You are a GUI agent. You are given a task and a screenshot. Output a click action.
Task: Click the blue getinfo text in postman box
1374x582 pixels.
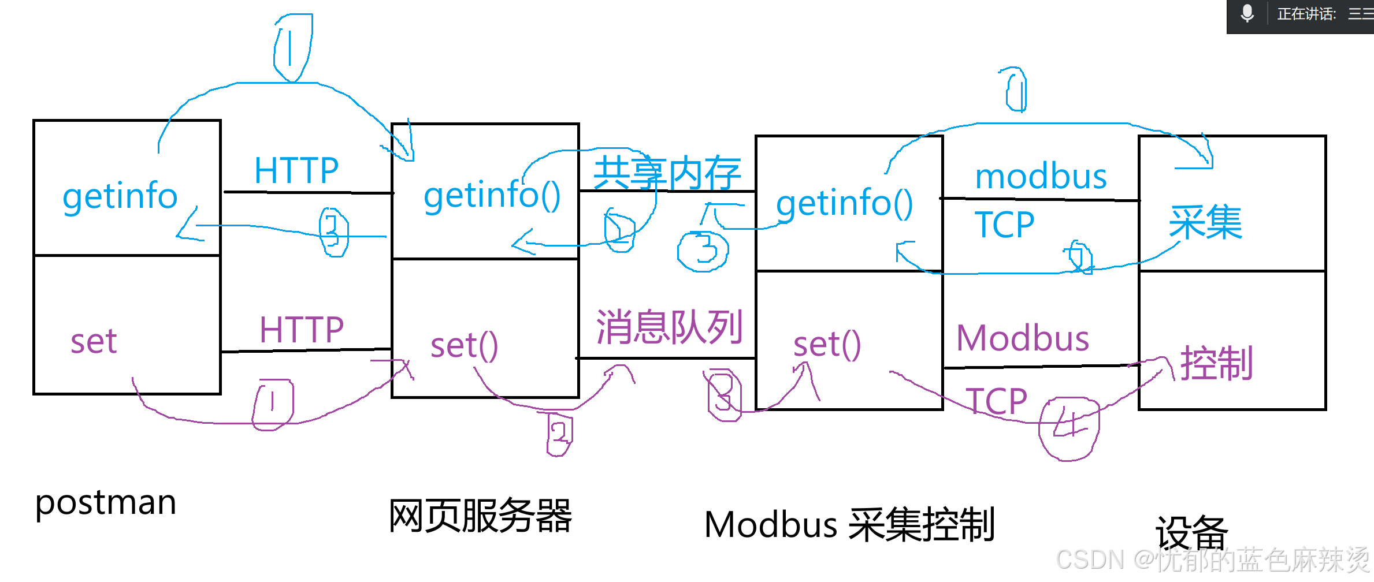click(120, 196)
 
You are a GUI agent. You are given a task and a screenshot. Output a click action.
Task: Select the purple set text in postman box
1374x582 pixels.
click(94, 341)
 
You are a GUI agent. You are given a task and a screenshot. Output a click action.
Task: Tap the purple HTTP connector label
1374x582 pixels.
click(301, 330)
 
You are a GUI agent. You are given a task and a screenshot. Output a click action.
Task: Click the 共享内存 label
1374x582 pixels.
click(667, 172)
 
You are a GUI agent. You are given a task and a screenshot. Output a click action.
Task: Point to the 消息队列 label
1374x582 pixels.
click(669, 327)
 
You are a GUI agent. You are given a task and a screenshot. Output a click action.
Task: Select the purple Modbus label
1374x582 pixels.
click(1023, 338)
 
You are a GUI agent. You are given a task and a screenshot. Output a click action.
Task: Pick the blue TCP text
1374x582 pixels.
click(1004, 225)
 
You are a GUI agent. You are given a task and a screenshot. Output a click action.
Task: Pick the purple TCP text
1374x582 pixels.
click(996, 401)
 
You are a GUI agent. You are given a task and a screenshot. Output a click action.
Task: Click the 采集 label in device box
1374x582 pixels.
click(1205, 222)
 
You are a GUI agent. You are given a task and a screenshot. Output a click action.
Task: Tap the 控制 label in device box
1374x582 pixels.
click(1216, 363)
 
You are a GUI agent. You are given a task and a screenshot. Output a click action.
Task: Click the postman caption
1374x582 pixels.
click(106, 502)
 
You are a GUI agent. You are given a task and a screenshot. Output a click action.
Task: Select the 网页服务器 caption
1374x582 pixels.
click(480, 516)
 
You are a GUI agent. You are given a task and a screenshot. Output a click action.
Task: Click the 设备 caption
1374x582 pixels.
click(1191, 532)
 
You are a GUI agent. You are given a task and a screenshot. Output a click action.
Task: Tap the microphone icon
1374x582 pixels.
click(1247, 13)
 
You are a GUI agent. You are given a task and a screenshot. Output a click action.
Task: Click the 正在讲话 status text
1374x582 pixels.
click(1306, 14)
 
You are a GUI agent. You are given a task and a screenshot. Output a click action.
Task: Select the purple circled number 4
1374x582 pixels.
click(1069, 427)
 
